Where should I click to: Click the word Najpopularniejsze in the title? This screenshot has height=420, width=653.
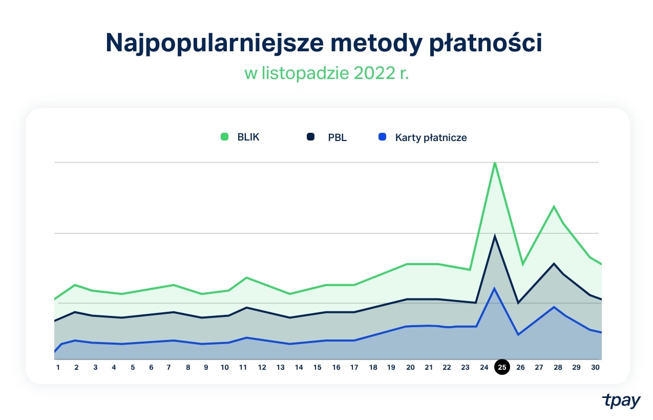[x=214, y=44]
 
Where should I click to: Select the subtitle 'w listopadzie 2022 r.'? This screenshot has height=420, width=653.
[x=326, y=73]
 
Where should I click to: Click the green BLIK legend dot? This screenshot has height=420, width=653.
[x=224, y=137]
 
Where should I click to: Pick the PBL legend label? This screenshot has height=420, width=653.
[x=337, y=137]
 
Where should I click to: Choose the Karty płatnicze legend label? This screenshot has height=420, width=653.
[x=431, y=137]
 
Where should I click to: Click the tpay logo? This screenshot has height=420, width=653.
[x=621, y=401]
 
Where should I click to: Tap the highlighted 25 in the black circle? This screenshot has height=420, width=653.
[x=502, y=367]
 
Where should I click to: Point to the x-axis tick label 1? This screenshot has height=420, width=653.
[x=58, y=367]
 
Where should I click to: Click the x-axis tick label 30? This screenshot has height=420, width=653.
[x=595, y=367]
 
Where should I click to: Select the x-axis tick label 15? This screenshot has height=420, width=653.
[x=317, y=367]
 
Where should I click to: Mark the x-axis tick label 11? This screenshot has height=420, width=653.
[x=243, y=367]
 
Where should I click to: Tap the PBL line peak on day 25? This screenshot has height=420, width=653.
[x=495, y=236]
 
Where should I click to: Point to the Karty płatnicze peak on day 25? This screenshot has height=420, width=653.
[x=494, y=288]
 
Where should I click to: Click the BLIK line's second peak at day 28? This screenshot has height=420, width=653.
[x=554, y=207]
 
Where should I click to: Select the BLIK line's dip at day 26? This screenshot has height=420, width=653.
[x=522, y=265]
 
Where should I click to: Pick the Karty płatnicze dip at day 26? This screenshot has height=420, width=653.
[x=518, y=335]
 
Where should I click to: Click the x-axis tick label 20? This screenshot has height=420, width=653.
[x=410, y=367]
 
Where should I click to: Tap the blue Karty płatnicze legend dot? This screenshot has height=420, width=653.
[x=382, y=137]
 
